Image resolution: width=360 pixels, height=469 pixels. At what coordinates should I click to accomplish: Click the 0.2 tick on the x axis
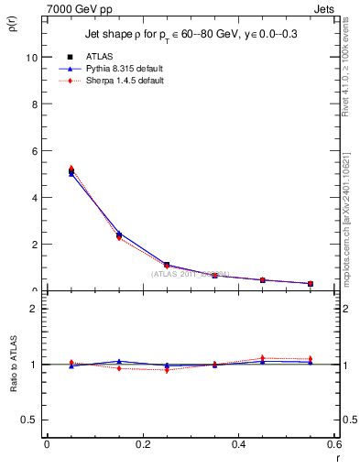(142, 444)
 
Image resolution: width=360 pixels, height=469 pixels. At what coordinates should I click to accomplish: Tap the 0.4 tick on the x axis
(238, 444)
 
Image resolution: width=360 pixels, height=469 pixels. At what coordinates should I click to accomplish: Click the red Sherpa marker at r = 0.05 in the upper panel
(71, 169)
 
